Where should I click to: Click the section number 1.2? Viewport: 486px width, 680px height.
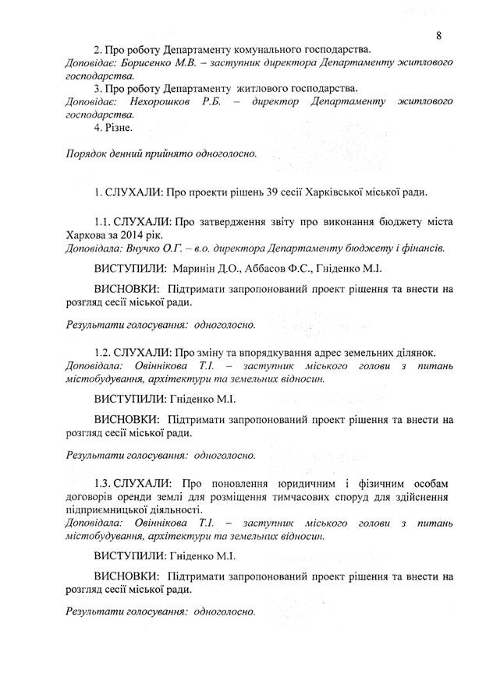[x=105, y=354]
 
